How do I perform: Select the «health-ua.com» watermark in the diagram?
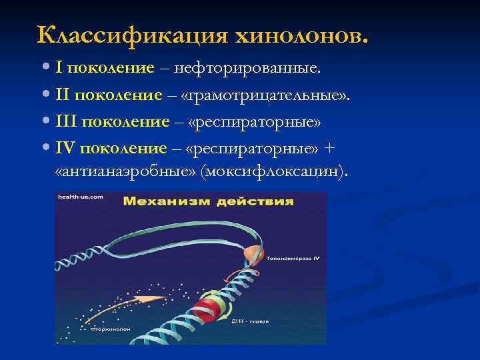(x=81, y=197)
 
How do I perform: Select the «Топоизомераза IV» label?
(x=293, y=257)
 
